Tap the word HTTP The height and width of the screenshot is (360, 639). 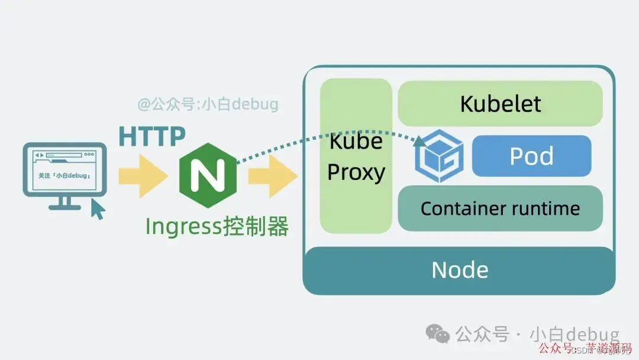pos(152,137)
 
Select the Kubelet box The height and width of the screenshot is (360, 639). pos(500,104)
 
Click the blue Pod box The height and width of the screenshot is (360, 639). pos(531,156)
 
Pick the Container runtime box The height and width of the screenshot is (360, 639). pos(500,208)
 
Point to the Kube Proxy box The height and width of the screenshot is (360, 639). pos(356,156)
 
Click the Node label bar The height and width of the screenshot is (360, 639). pos(459,270)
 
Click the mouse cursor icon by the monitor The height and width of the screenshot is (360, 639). pos(97,208)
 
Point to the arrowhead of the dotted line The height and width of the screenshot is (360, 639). pos(420,141)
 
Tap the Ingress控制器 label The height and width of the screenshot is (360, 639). pos(217,226)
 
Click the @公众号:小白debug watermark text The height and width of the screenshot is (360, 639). pos(208,105)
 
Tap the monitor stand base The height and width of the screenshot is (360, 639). pos(64,207)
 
